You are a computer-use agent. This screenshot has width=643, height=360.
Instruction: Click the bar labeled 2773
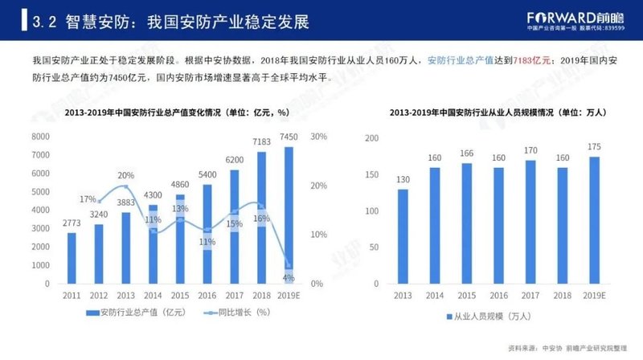click(x=72, y=258)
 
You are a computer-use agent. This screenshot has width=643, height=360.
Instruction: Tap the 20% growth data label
click(x=125, y=175)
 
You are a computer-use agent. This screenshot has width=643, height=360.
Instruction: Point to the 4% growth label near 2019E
click(x=288, y=277)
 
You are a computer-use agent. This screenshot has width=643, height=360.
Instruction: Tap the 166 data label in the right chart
click(x=466, y=153)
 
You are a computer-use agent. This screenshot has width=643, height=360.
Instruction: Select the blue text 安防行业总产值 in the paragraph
click(x=459, y=60)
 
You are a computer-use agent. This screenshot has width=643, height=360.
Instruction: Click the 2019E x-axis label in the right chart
click(x=594, y=295)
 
